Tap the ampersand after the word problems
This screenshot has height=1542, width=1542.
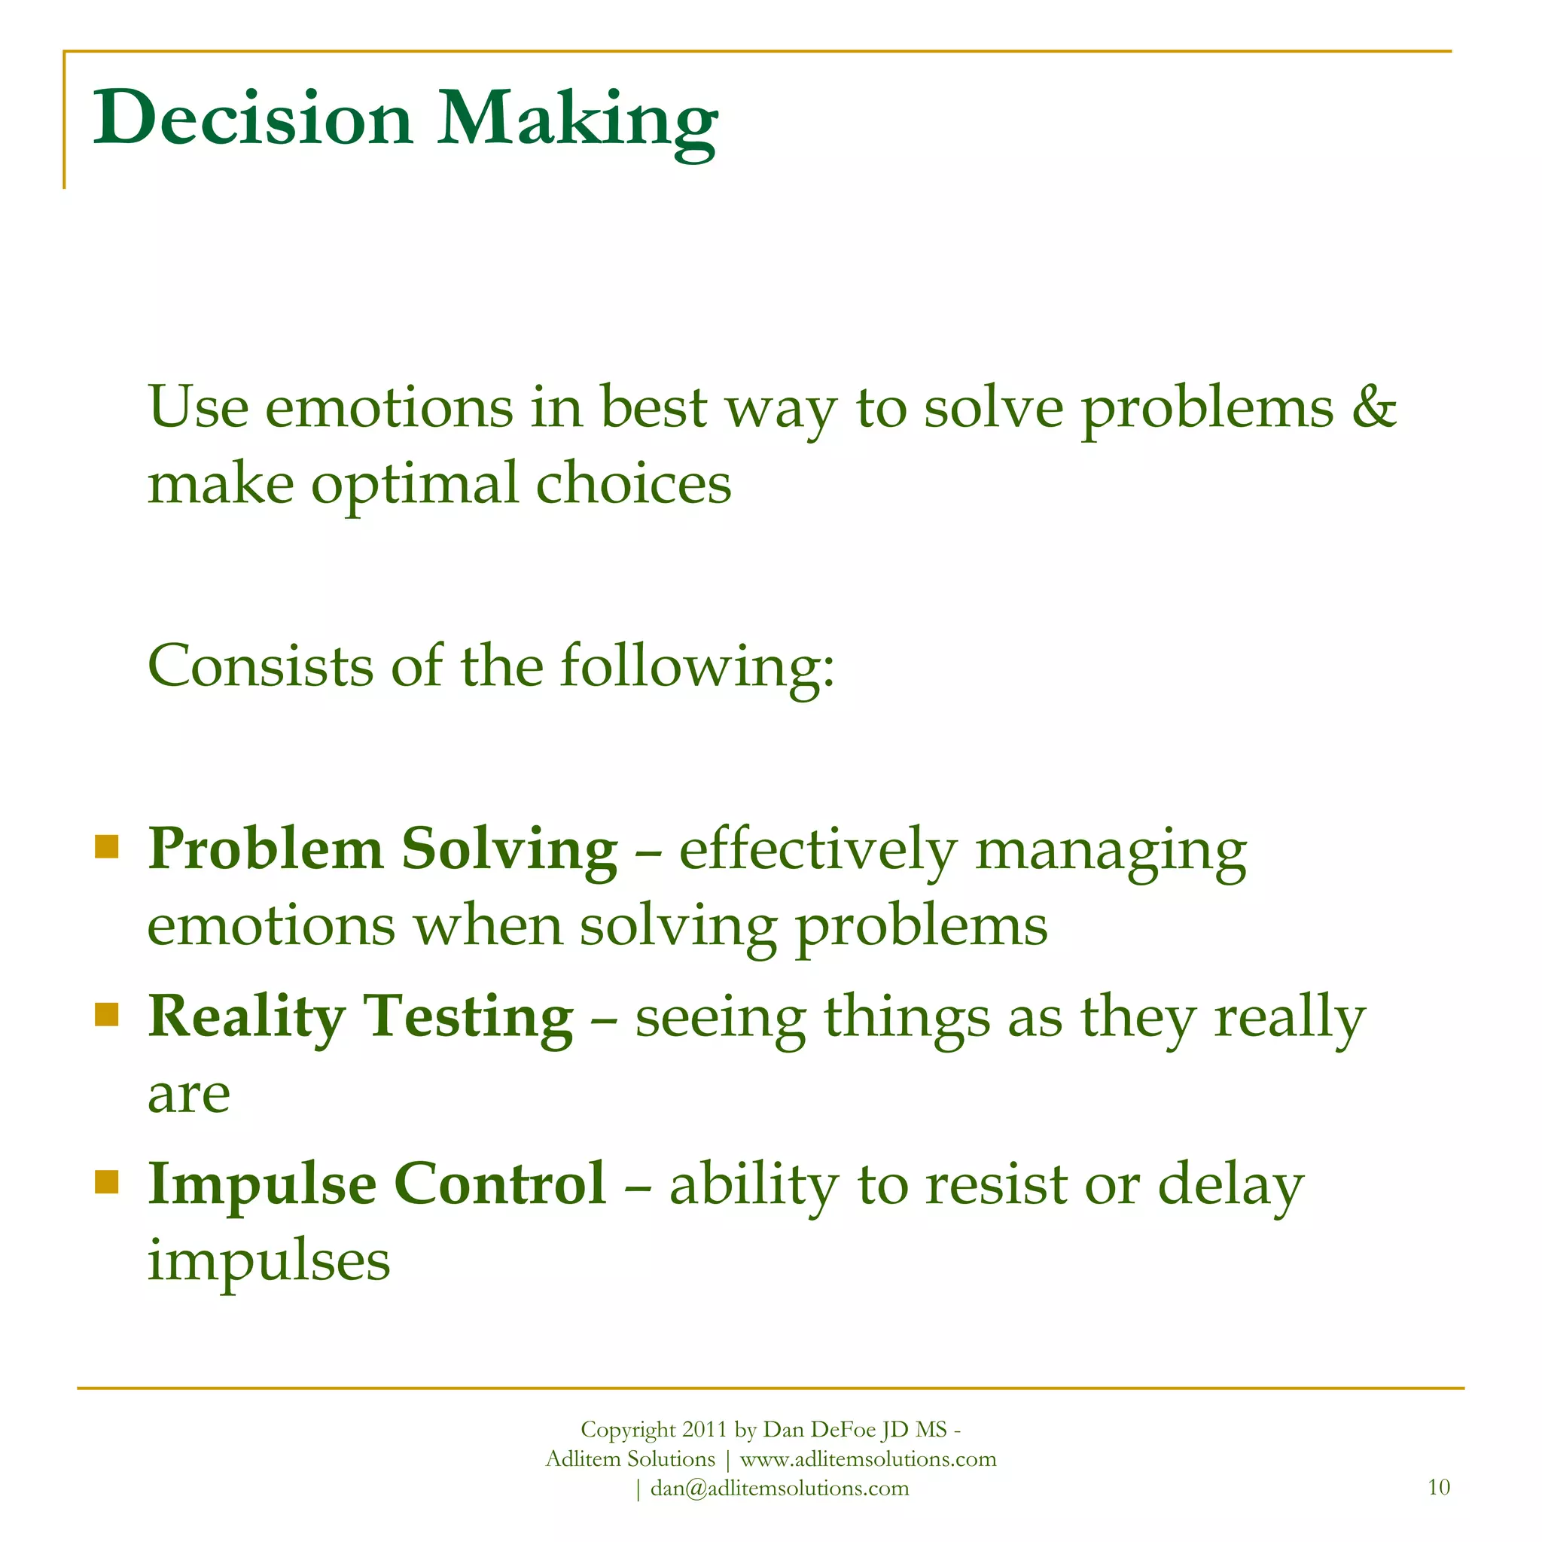click(1373, 407)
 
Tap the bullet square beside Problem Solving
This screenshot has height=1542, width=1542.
click(106, 846)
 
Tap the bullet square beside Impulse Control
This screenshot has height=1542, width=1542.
click(106, 1181)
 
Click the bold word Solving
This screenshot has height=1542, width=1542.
click(509, 850)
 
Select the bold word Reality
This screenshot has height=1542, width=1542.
click(247, 1018)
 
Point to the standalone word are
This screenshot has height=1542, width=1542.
click(188, 1095)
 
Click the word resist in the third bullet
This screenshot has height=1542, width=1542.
click(996, 1184)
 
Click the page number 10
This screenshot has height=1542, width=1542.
click(1438, 1487)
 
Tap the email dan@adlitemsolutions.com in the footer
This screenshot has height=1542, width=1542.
click(779, 1489)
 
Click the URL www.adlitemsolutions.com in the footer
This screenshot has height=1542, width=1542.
click(867, 1459)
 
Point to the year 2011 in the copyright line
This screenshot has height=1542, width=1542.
click(703, 1430)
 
